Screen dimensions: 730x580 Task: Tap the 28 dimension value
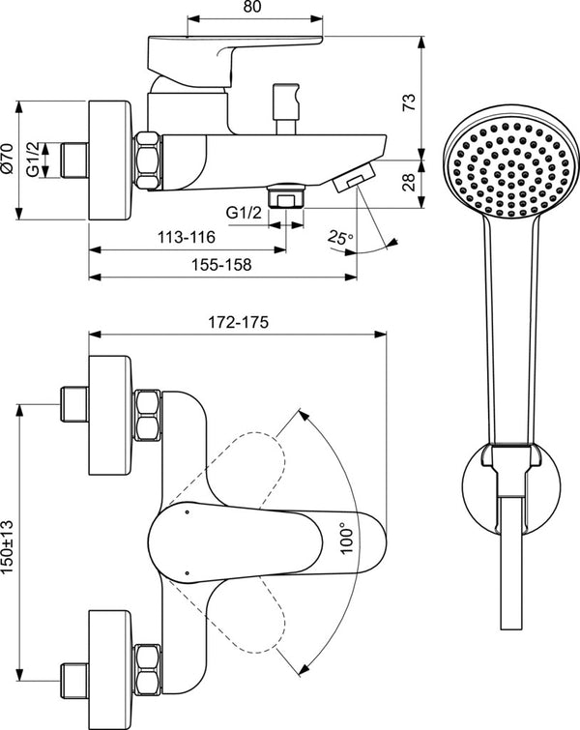pyautogui.click(x=409, y=181)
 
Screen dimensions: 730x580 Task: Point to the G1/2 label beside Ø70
pyautogui.click(x=34, y=160)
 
